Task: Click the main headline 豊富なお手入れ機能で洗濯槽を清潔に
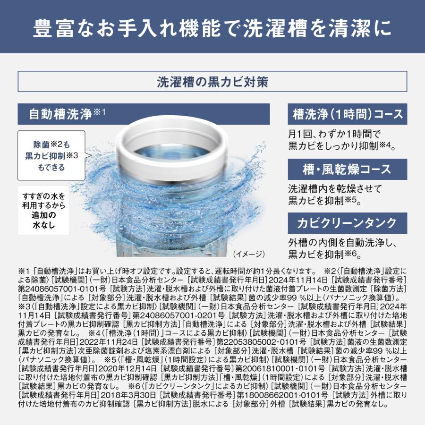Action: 212,27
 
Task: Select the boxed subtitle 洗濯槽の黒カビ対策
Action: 212,82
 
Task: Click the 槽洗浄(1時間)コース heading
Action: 347,114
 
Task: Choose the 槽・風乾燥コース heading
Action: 347,169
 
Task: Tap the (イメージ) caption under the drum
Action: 249,254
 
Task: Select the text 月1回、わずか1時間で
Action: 337,134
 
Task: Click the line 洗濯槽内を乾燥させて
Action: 335,188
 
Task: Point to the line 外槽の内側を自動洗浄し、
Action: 342,243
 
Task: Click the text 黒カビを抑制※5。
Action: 324,201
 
